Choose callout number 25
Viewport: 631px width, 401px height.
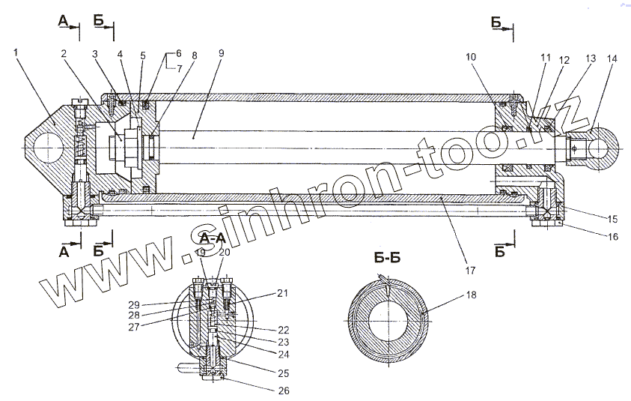click(283, 372)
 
